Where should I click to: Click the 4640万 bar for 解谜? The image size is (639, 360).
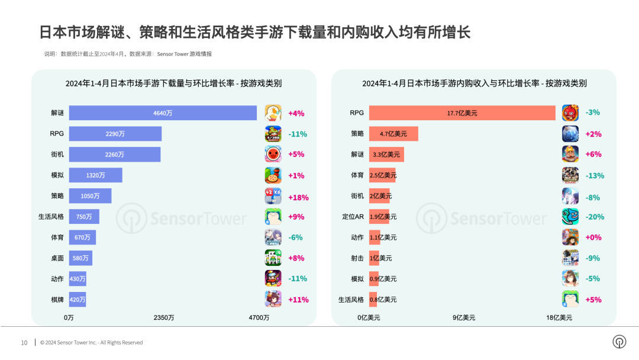163,113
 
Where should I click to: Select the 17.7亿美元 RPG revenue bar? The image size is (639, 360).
462,113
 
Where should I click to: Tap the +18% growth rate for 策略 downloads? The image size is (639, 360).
298,197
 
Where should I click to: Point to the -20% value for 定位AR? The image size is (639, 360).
594,217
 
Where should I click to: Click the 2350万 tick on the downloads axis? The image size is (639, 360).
164,318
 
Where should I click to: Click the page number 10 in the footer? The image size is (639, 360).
24,343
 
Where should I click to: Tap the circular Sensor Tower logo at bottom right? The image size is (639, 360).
619,342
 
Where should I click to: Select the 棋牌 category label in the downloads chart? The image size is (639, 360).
57,300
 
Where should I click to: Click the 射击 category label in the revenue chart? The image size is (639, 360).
357,258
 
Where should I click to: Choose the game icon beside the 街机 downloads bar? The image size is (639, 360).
273,155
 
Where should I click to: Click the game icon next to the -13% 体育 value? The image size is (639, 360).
570,175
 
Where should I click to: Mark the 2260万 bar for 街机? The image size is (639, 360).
115,155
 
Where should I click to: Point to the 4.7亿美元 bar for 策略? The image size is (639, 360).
393,134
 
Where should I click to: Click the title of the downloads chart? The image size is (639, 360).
173,83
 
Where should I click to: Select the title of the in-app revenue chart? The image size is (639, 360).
474,83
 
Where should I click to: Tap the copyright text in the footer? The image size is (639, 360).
92,343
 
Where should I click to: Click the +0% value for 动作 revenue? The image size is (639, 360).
593,237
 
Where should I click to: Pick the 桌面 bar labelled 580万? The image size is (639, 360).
80,258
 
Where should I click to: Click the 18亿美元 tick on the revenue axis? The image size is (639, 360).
559,318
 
